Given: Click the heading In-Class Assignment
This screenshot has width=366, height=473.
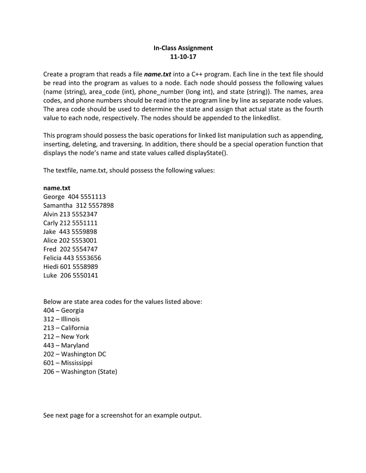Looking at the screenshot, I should tap(183, 48).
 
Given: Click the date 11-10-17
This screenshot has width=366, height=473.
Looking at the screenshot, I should tap(183, 57).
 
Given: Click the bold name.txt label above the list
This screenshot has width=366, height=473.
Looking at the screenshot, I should tap(56, 188).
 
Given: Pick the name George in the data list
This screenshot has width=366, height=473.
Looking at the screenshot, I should tap(54, 197).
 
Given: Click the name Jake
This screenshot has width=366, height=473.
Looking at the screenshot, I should tap(50, 232).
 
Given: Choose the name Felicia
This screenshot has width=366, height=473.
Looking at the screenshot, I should tap(52, 258).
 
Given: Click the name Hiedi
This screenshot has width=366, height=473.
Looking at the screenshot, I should tap(50, 267).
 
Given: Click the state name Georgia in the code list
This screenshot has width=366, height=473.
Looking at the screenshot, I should tap(72, 311).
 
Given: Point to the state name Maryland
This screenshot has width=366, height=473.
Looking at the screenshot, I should tap(75, 346).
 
